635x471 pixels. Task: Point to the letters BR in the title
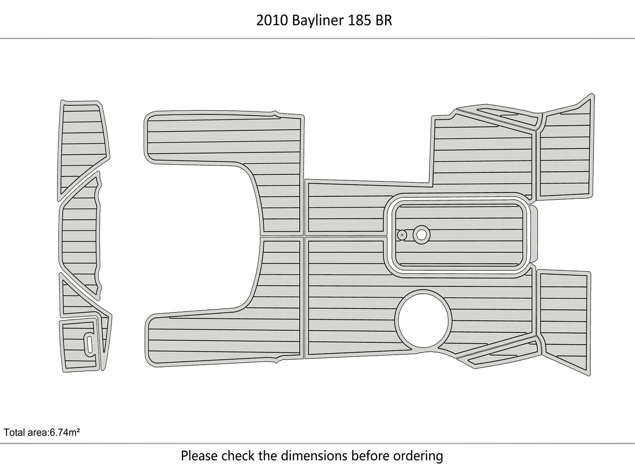tap(383, 21)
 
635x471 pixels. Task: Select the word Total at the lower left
tap(14, 432)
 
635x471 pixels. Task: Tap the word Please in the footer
tap(199, 456)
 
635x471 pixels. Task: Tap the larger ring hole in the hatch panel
tap(421, 234)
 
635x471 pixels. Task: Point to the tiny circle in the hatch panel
tap(402, 235)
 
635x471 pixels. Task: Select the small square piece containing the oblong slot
tap(79, 345)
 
